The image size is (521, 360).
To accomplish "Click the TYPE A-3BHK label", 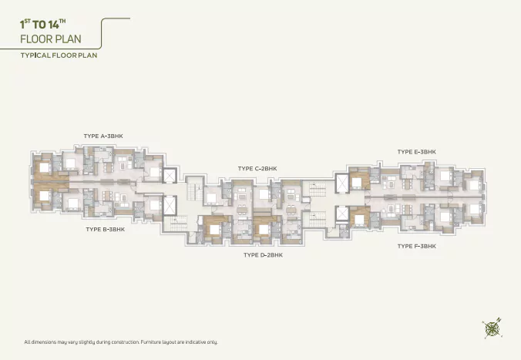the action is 103,136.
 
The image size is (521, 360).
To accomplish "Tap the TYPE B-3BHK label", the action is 106,230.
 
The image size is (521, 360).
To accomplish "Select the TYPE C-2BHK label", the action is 257,169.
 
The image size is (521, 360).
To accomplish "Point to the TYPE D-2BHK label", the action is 263,255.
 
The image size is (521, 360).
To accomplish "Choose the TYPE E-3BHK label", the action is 417,152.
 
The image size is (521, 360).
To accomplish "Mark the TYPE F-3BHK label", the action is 417,247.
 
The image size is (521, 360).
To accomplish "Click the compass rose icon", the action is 492,328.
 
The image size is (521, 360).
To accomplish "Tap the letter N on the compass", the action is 499,320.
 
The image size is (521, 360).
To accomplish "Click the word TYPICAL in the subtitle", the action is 35,56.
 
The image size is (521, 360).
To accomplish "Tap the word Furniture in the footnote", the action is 150,341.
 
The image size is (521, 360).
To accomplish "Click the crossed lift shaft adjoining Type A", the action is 169,176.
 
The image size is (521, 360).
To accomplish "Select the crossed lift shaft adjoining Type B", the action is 169,205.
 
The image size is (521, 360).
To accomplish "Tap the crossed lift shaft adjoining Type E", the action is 342,183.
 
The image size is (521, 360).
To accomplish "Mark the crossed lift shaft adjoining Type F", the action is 342,214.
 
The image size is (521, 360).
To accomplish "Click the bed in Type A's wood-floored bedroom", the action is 44,167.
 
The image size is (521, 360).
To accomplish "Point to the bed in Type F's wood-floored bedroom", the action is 359,220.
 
